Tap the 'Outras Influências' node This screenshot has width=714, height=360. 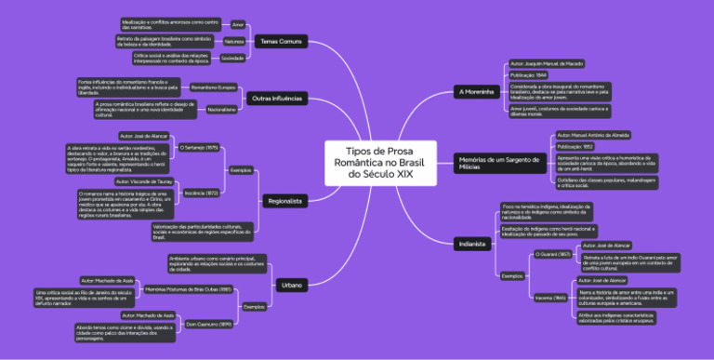(277, 99)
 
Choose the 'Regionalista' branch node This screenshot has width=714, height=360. (284, 200)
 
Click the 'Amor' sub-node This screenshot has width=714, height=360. (238, 24)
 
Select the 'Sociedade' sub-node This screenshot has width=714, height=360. (232, 58)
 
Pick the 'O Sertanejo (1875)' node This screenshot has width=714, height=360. (198, 147)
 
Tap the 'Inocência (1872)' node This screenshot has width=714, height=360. (202, 192)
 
